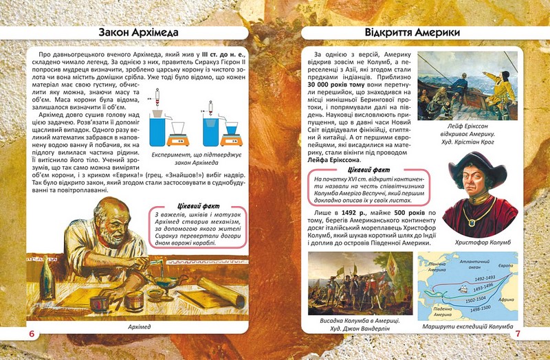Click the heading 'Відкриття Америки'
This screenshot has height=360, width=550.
click(x=412, y=32)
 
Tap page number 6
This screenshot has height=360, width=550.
click(x=32, y=334)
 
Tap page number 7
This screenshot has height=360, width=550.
click(x=518, y=334)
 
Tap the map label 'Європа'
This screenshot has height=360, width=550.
click(x=506, y=265)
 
